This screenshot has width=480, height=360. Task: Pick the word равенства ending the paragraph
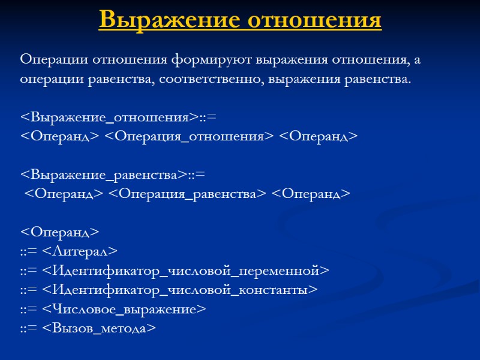click(x=379, y=80)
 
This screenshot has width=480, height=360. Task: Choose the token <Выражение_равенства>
click(x=104, y=175)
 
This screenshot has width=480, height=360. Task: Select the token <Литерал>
click(x=80, y=251)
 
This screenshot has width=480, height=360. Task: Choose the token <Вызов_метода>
click(x=99, y=328)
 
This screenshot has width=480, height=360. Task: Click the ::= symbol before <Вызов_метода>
click(x=29, y=328)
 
